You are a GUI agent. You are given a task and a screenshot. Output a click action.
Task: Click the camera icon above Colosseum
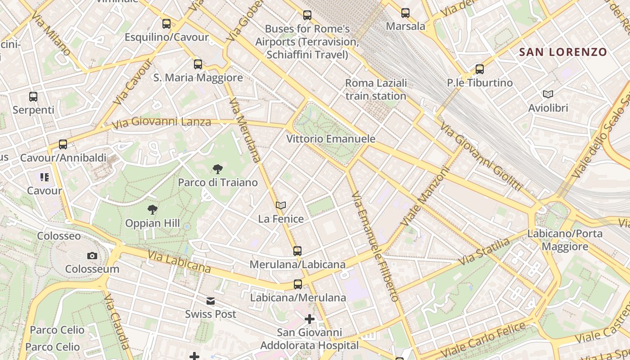pyautogui.click(x=92, y=256)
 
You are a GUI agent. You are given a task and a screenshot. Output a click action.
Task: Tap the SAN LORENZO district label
pyautogui.click(x=563, y=52)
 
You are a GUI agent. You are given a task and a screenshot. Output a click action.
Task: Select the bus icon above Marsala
pyautogui.click(x=405, y=13)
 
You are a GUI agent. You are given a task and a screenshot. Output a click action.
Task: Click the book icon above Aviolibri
pyautogui.click(x=548, y=94)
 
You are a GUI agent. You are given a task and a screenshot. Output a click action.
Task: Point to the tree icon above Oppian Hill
pyautogui.click(x=153, y=209)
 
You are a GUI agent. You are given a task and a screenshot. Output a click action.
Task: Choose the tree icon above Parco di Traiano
pyautogui.click(x=218, y=169)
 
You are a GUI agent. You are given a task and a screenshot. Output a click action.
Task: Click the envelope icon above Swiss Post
pyautogui.click(x=211, y=301)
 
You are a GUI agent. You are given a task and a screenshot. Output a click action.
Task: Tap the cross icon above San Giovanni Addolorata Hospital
pyautogui.click(x=310, y=319)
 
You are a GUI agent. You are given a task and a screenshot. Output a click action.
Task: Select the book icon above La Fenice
pyautogui.click(x=281, y=206)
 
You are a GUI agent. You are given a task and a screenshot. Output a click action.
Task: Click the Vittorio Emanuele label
pyautogui.click(x=331, y=139)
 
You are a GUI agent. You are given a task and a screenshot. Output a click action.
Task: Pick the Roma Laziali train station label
pyautogui.click(x=376, y=90)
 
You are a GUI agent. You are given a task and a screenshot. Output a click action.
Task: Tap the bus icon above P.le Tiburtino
pyautogui.click(x=480, y=69)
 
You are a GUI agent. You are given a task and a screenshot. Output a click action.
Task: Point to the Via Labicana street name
pyautogui.click(x=179, y=262)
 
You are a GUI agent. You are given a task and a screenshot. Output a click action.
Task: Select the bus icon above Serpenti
pyautogui.click(x=33, y=96)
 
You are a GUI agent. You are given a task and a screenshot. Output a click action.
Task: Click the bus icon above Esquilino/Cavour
pyautogui.click(x=166, y=24)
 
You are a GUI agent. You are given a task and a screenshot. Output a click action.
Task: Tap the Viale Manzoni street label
pyautogui.click(x=425, y=197)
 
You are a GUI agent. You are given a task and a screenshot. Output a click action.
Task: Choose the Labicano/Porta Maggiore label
pyautogui.click(x=565, y=240)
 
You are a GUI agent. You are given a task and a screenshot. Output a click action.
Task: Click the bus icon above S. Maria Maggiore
pyautogui.click(x=198, y=64)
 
